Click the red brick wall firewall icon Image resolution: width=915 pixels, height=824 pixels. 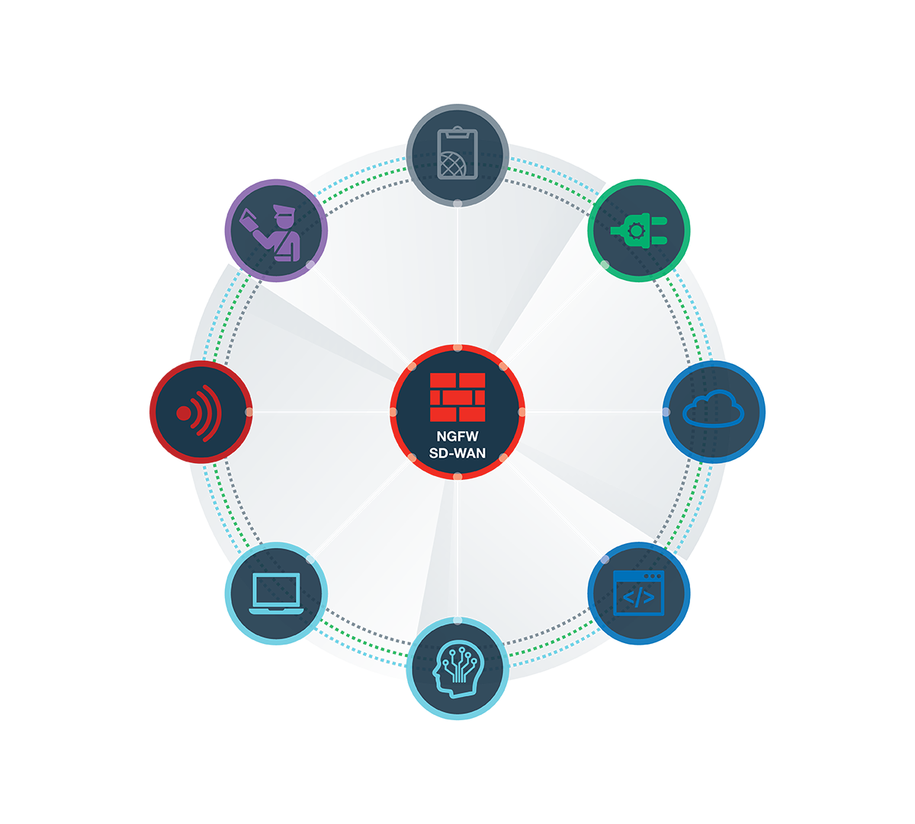click(457, 397)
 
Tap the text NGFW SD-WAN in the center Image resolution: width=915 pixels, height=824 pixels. click(457, 446)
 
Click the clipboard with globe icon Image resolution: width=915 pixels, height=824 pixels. click(457, 153)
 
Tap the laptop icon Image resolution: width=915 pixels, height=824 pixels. click(277, 594)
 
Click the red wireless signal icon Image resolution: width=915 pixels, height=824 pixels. click(200, 413)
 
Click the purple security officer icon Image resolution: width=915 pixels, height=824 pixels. click(277, 230)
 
